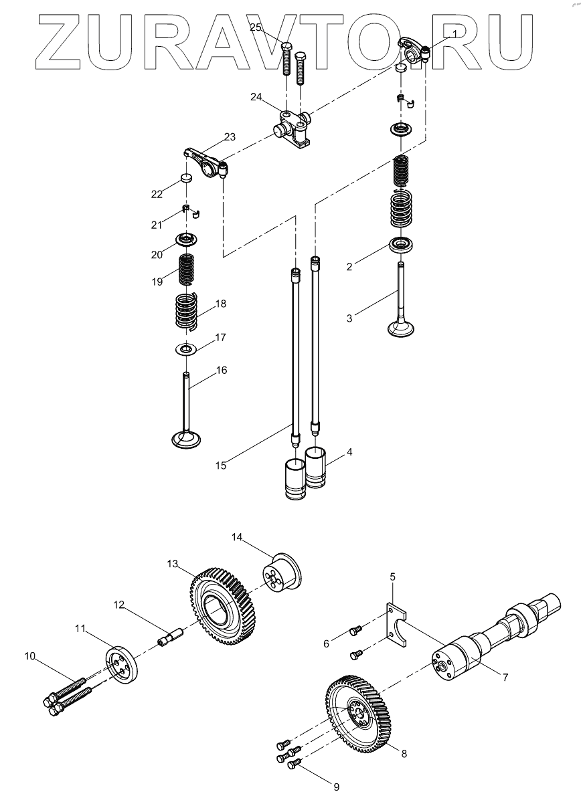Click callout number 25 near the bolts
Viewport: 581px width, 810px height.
tap(257, 27)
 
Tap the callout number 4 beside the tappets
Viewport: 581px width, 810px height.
tap(349, 452)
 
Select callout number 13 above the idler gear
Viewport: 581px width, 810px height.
tap(173, 565)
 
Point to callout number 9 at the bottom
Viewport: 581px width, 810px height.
tap(337, 787)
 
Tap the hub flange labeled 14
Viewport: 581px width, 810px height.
tap(280, 576)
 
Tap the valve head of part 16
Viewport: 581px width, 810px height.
tap(185, 439)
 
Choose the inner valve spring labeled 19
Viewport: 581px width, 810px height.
tap(186, 269)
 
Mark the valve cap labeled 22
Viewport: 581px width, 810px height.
tap(186, 177)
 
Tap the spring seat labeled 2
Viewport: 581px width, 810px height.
tap(401, 244)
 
